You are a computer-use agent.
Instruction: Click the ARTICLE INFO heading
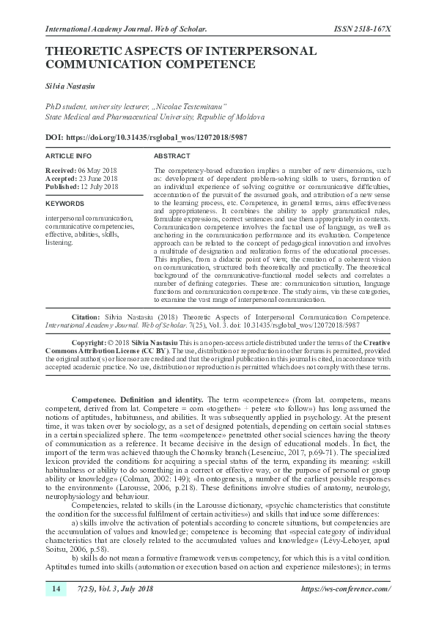click(69, 157)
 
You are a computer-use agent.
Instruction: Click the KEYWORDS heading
click(64, 203)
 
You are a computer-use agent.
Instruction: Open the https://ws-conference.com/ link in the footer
click(346, 589)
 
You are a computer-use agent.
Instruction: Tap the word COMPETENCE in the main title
click(213, 64)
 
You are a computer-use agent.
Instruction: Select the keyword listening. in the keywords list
click(60, 242)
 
